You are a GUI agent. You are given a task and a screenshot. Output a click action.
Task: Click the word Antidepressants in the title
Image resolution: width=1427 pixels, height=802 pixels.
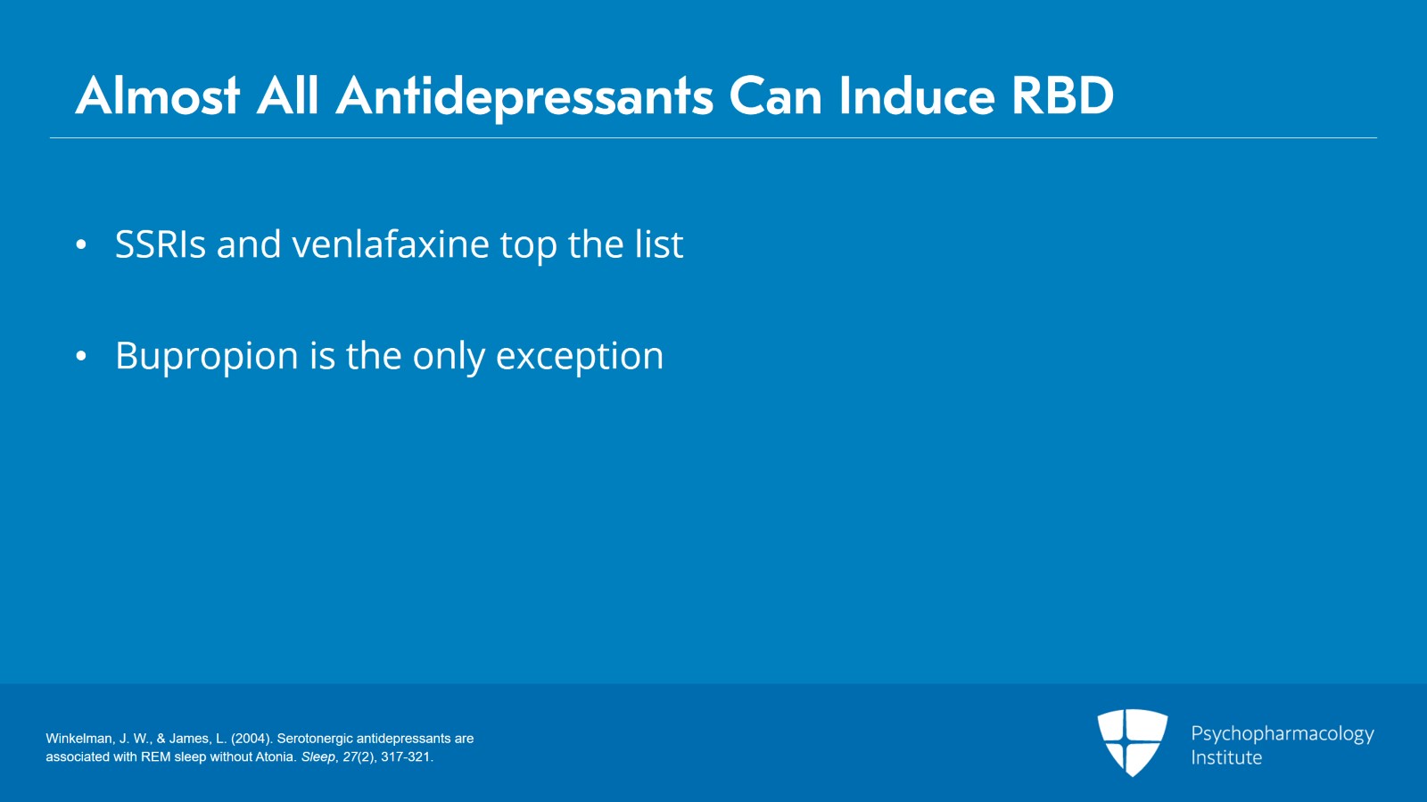524,97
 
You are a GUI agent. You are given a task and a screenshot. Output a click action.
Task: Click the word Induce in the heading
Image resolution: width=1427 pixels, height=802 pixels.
916,96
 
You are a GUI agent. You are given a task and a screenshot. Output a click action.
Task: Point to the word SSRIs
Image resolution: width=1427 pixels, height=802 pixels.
161,244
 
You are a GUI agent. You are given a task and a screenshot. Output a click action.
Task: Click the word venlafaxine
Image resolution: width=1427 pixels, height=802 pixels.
391,244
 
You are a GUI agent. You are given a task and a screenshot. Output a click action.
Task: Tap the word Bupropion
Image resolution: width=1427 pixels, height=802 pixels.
206,356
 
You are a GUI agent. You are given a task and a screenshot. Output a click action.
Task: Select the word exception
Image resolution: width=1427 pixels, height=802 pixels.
580,356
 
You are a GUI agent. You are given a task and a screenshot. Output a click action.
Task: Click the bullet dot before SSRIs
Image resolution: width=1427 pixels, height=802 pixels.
80,245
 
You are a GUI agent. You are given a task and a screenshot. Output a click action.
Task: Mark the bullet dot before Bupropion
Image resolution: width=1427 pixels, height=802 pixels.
80,357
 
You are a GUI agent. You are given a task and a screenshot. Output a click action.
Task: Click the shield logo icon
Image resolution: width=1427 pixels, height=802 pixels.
1132,742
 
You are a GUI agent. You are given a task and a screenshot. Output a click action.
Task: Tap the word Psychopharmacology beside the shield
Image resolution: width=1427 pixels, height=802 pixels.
1283,734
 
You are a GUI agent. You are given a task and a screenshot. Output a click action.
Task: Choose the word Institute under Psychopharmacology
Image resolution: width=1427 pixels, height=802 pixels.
1226,757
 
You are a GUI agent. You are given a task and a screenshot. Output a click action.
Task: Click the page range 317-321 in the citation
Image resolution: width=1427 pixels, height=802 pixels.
406,757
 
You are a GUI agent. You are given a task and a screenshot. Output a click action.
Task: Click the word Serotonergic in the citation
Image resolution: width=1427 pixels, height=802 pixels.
315,739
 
